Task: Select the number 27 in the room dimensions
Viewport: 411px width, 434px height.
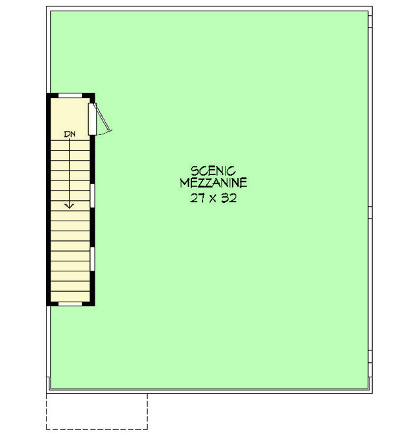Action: (197, 197)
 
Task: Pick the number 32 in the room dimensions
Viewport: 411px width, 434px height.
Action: (228, 197)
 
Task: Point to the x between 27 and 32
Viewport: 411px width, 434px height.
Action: (212, 198)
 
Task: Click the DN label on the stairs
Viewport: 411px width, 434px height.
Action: (70, 134)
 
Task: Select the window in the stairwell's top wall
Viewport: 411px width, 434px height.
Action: (70, 96)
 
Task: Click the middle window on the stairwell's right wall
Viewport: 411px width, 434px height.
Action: (93, 196)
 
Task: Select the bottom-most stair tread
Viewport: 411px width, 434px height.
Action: (69, 296)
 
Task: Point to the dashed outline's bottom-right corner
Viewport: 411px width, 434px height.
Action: (147, 429)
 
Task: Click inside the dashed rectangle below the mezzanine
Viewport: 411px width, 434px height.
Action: (97, 411)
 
